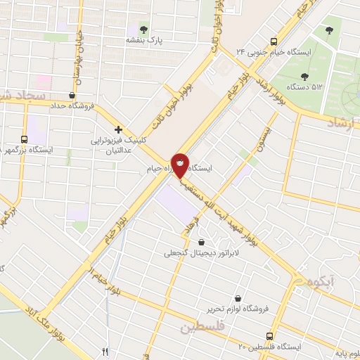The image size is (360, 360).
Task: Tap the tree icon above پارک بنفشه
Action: (143, 30)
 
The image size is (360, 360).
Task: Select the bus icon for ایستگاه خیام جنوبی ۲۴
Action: (274, 41)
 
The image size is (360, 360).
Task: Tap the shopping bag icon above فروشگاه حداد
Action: (72, 94)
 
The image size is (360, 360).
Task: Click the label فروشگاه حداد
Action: (72, 106)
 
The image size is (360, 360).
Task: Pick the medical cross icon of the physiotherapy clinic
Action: (118, 129)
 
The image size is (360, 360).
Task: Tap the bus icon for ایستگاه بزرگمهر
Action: (24, 139)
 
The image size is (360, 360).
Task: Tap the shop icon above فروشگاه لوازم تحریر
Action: (237, 297)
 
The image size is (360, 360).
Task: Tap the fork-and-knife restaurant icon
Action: (105, 351)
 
